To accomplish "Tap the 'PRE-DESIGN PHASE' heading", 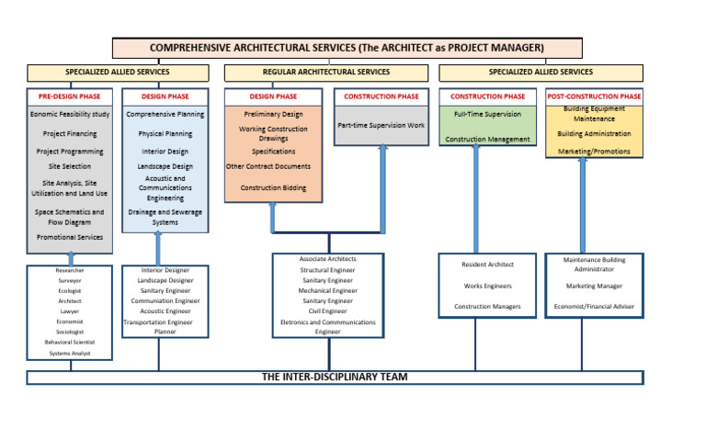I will tap(70, 96).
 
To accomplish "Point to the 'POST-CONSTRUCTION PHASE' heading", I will tap(594, 96).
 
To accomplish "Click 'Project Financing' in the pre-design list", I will tap(70, 133).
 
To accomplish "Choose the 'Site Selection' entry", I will tap(70, 167).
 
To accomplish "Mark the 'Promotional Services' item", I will tap(70, 236).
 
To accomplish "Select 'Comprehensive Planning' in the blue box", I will tap(165, 116).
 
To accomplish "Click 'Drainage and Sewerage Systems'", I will tap(165, 217).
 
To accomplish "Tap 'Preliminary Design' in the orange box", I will tap(273, 115).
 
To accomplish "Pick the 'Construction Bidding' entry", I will tap(273, 187).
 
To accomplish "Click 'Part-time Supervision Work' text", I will tap(381, 124).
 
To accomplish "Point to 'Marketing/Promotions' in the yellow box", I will tap(594, 151).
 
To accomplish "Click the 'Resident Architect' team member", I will tap(487, 265).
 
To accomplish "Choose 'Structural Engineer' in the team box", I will tap(327, 270).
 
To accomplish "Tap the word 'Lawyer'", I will tap(70, 311).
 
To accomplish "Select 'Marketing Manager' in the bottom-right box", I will tap(594, 286).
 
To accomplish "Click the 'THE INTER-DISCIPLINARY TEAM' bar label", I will tap(335, 377).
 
